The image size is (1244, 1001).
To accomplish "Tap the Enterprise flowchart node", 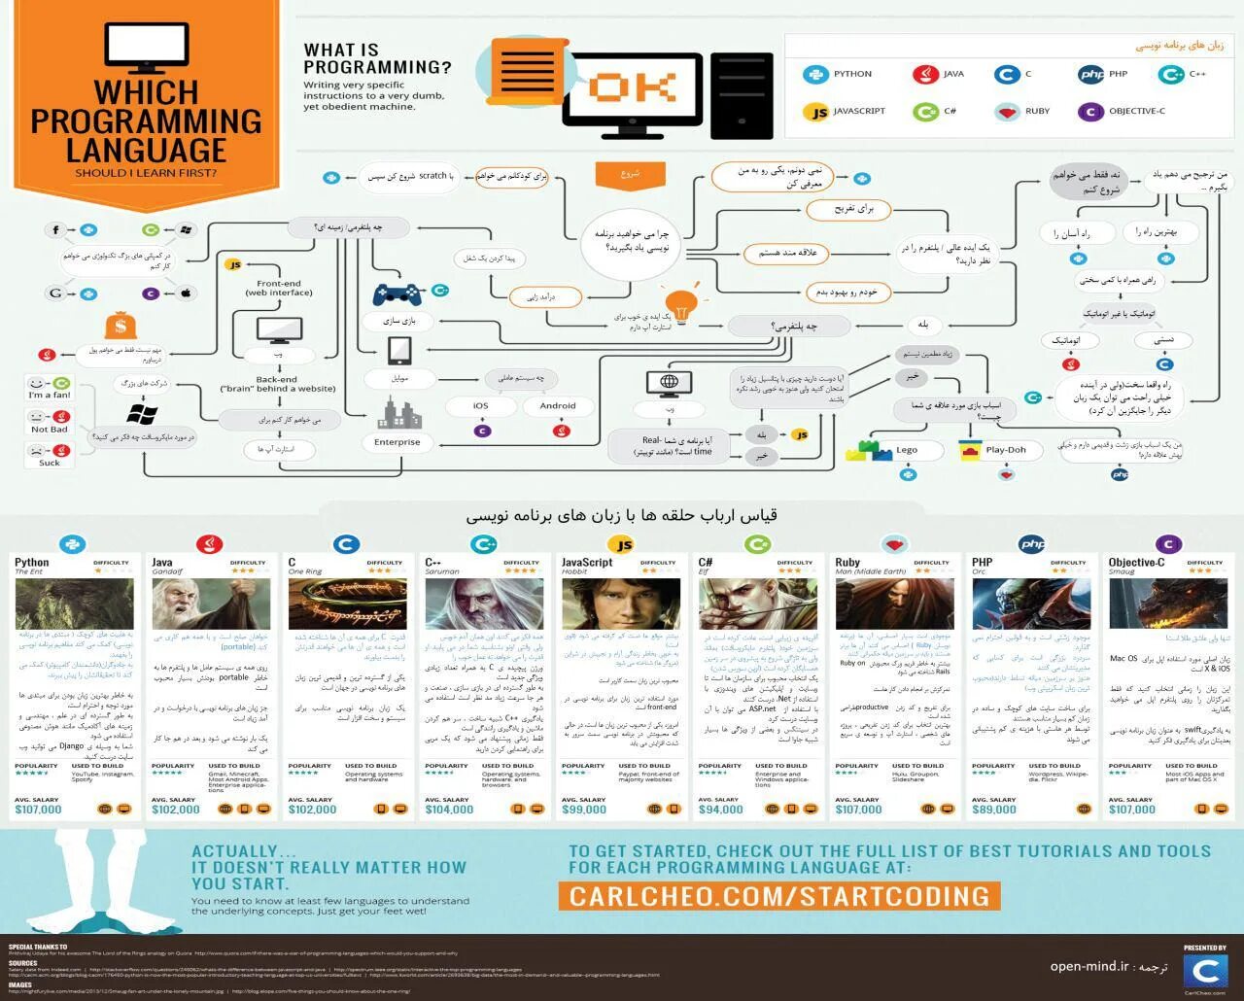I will [397, 442].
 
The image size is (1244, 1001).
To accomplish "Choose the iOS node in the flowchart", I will [481, 406].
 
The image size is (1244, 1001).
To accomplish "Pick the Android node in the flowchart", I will [558, 406].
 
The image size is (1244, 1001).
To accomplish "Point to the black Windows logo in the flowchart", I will [142, 415].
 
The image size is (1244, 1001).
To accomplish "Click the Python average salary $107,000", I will [38, 810].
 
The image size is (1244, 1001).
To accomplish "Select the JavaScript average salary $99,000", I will [584, 810].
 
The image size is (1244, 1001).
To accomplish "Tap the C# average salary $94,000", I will [720, 810].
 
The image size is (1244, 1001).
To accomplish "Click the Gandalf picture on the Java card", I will [211, 604].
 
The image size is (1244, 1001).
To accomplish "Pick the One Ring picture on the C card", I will [347, 604].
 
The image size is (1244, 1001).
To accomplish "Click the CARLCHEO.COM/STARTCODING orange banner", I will [779, 895].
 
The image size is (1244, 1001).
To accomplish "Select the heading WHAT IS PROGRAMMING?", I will [377, 58].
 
